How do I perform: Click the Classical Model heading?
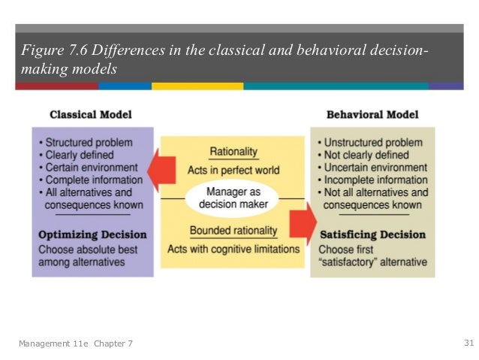[x=90, y=116]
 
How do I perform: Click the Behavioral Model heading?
[x=372, y=116]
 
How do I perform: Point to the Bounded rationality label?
[x=233, y=231]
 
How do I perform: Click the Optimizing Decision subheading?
[x=91, y=234]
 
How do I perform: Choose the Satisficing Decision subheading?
[x=372, y=234]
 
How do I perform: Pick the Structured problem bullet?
[x=88, y=142]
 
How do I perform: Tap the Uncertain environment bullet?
[x=372, y=168]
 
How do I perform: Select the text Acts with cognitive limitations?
[x=233, y=249]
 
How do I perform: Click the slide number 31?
[x=468, y=343]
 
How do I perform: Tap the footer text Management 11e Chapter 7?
[x=76, y=344]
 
